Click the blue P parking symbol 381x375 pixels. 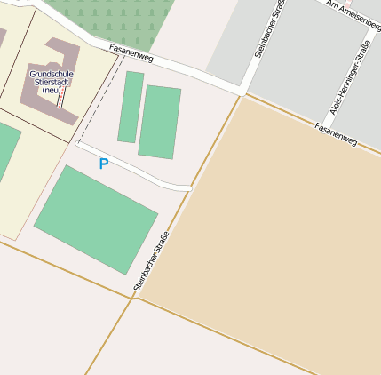point(104,164)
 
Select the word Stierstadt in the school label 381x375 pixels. point(52,82)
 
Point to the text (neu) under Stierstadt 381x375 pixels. point(52,91)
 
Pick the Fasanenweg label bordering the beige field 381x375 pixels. point(336,135)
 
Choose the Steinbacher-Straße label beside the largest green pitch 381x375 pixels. point(151,261)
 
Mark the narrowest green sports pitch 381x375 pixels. point(131,107)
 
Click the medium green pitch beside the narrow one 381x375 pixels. point(160,122)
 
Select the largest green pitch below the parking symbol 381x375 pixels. point(96,219)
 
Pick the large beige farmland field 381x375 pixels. point(284,231)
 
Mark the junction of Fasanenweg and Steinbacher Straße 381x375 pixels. point(242,92)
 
